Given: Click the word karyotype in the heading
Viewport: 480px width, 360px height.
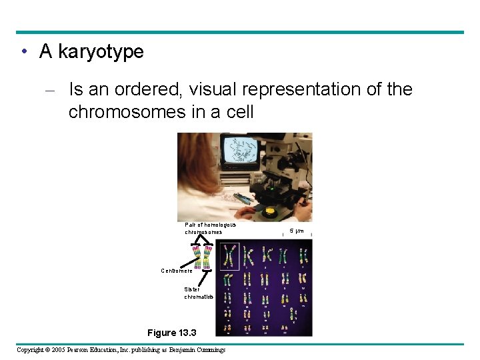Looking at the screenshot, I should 101,52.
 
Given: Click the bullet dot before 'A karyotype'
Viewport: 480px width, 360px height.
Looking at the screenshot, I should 23,52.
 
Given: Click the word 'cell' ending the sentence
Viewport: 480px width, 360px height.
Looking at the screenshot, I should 240,111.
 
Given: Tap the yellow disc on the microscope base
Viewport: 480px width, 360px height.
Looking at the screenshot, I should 270,213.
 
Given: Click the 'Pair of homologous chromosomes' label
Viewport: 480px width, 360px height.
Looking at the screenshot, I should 210,228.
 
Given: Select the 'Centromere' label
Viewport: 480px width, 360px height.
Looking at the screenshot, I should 177,271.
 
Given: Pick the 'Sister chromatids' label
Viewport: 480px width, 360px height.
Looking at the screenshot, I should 199,293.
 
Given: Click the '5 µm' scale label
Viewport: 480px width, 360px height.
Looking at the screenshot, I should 296,231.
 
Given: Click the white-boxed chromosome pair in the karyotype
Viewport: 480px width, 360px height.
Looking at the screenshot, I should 230,256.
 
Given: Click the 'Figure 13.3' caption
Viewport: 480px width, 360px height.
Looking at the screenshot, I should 171,332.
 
